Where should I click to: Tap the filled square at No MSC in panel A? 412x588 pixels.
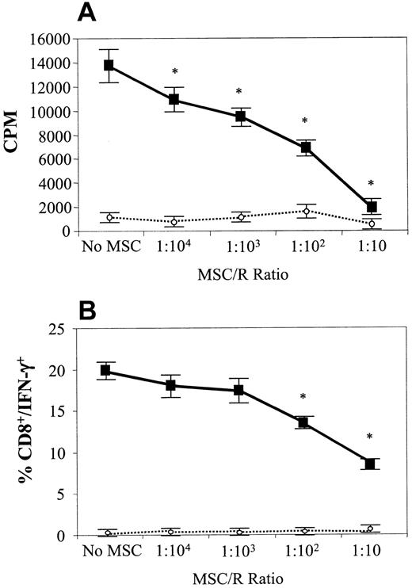[x=109, y=65]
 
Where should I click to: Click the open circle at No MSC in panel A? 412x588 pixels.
[x=109, y=217]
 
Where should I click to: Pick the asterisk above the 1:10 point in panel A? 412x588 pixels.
[x=369, y=177]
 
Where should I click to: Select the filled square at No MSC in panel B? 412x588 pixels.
[x=109, y=371]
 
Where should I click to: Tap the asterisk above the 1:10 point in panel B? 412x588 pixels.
[x=369, y=437]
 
